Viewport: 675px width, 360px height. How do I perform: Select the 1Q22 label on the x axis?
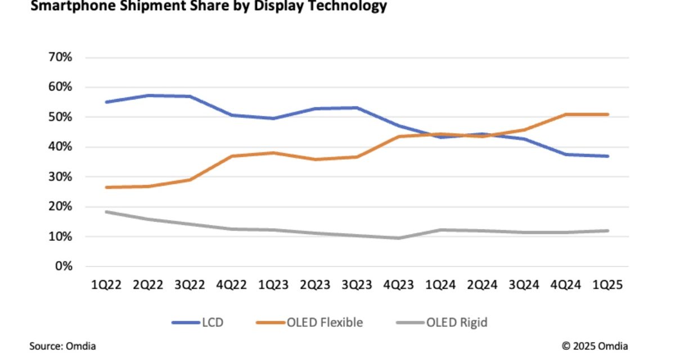coord(105,285)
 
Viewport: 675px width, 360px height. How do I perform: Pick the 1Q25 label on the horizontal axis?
coord(608,285)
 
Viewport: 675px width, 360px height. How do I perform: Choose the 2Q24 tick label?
coord(483,285)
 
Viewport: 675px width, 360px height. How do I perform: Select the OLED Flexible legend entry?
coord(309,322)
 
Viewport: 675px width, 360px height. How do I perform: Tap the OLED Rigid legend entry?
coord(441,322)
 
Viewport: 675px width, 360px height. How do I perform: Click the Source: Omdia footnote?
coord(58,346)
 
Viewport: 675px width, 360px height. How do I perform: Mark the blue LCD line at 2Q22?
coord(147,96)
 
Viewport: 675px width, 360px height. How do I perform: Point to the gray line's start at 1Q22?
coord(105,211)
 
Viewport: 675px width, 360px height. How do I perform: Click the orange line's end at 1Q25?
coord(608,114)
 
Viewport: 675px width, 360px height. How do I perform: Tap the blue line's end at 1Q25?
coord(608,156)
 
